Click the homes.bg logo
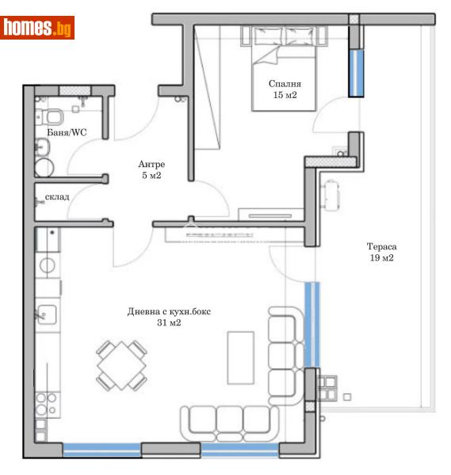click(38, 28)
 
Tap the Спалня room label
click(285, 84)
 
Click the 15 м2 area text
click(285, 96)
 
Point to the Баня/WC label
click(67, 132)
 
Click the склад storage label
click(57, 196)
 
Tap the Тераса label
click(381, 245)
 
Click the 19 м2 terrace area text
click(381, 258)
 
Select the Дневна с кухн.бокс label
click(169, 311)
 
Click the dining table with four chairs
click(121, 365)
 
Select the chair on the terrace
click(331, 192)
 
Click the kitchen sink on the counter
click(47, 314)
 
